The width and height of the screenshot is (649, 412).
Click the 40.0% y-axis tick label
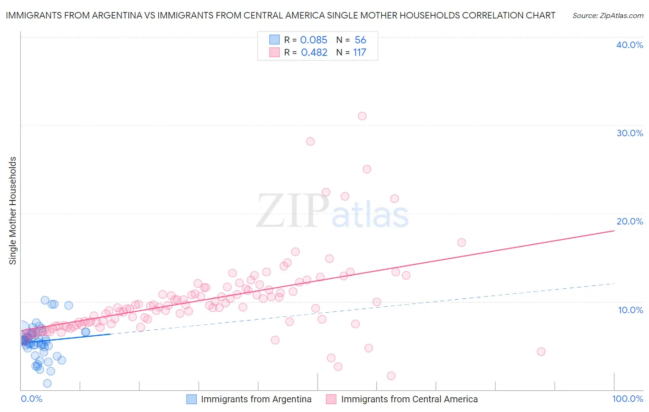(x=629, y=45)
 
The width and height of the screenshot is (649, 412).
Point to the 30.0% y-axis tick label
(x=629, y=133)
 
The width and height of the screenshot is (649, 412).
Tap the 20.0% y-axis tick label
(x=629, y=221)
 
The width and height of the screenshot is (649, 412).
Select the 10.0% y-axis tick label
(x=630, y=310)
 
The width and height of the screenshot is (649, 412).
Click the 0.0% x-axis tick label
(x=31, y=399)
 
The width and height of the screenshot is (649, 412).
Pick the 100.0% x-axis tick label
(x=627, y=399)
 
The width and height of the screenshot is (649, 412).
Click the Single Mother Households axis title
(x=13, y=211)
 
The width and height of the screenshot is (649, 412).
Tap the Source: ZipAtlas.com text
(x=607, y=16)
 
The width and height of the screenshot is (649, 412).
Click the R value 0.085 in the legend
(x=313, y=40)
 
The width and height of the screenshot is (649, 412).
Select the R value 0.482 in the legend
(x=314, y=53)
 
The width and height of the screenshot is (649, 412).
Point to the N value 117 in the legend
(x=360, y=53)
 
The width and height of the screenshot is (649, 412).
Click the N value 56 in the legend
(x=360, y=40)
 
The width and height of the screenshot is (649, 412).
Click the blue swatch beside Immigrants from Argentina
(x=192, y=399)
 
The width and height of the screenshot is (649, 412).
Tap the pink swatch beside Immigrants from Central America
(x=331, y=399)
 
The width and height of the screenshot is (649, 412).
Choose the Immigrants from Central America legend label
(x=409, y=399)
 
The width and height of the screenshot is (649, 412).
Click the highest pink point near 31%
(x=362, y=116)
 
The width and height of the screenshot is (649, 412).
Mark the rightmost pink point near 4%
(x=541, y=351)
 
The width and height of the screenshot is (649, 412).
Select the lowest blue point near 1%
(x=47, y=383)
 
